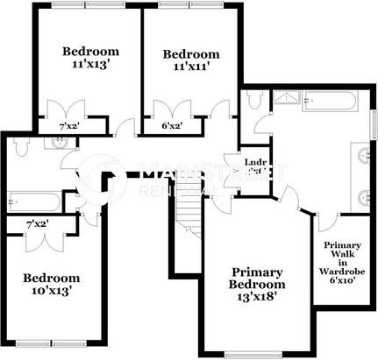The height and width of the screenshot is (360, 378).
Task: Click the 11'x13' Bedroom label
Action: pos(85,57)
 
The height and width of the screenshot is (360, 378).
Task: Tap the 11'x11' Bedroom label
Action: pos(192,60)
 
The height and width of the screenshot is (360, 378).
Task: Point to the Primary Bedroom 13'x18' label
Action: pos(257,279)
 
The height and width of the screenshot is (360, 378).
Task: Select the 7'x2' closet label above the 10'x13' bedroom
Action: pos(36,225)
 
